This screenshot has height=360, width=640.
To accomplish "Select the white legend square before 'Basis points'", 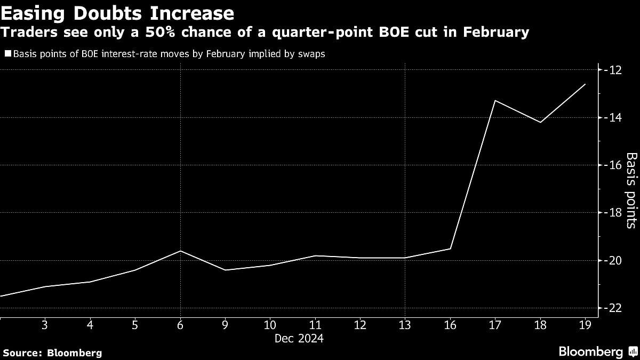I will [x=7, y=53].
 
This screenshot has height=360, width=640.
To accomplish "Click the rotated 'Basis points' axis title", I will [x=631, y=190].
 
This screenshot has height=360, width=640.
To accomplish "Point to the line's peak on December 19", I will [x=585, y=84].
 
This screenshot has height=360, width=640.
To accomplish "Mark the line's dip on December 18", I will [x=540, y=122].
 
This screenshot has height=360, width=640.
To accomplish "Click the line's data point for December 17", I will [x=495, y=100].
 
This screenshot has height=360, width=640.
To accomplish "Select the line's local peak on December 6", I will [x=180, y=251].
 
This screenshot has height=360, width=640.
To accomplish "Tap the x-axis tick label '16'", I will [x=450, y=325].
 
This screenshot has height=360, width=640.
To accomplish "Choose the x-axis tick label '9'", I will [x=225, y=325].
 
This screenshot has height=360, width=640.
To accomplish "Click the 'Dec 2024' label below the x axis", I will [x=299, y=338].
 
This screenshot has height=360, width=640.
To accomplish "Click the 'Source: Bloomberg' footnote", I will [x=52, y=353].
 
